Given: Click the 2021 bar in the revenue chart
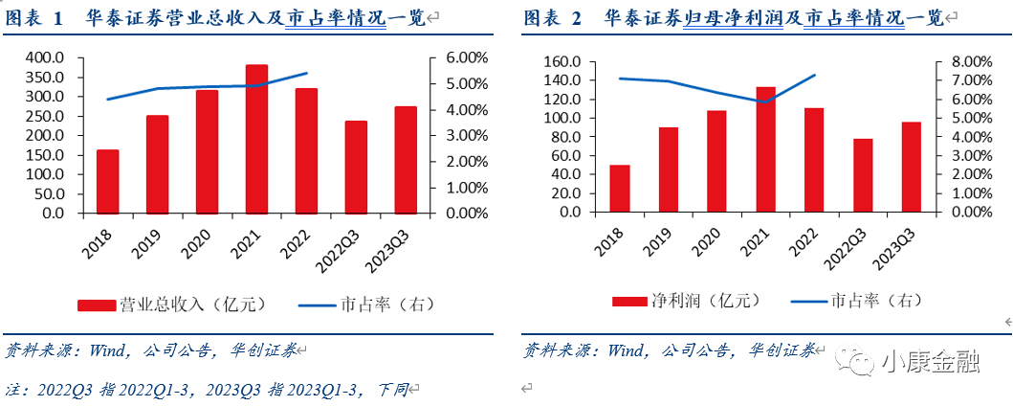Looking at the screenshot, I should tap(256, 139).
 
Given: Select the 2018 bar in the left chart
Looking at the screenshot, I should tap(107, 181).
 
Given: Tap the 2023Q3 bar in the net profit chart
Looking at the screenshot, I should tap(911, 167).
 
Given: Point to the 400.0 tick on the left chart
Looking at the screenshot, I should tap(45, 58).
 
